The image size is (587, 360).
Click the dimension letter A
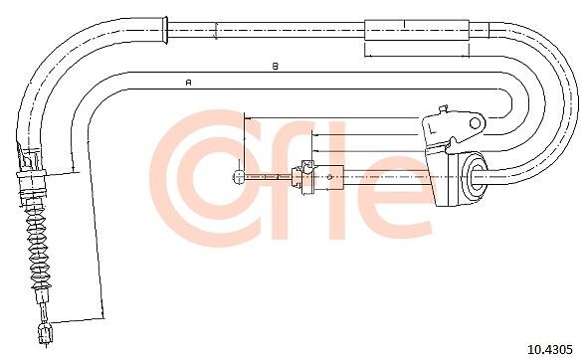pyautogui.click(x=189, y=82)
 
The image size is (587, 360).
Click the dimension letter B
pyautogui.click(x=276, y=67)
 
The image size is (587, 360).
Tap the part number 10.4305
pyautogui.click(x=550, y=349)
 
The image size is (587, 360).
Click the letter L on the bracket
pyautogui.click(x=432, y=128)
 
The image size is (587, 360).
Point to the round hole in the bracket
pyautogui.click(x=475, y=123)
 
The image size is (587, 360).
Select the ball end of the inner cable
pyautogui.click(x=238, y=177)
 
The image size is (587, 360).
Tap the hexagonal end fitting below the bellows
pyautogui.click(x=46, y=334)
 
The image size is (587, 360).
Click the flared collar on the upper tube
pyautogui.click(x=163, y=31)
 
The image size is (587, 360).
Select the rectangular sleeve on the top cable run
pyautogui.click(x=417, y=30)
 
